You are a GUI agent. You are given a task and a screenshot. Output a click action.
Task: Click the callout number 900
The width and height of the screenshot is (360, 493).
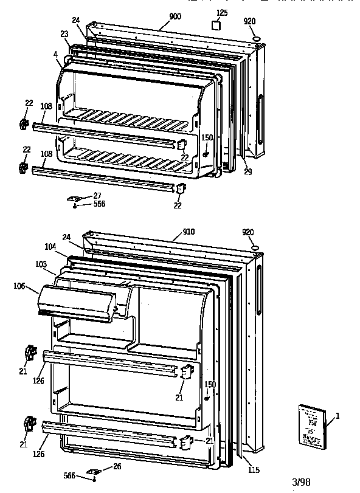[175, 16]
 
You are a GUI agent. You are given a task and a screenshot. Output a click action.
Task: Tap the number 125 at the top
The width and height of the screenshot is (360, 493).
[222, 13]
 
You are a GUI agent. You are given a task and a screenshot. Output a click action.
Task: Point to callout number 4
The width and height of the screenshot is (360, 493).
[55, 54]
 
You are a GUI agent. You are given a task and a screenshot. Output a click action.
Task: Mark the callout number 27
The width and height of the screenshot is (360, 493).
[97, 195]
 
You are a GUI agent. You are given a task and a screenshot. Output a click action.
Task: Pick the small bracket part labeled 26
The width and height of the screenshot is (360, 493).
[94, 471]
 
